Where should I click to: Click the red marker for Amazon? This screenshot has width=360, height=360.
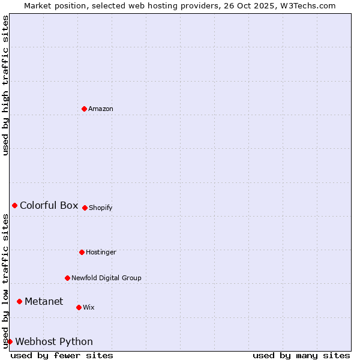(x=84, y=109)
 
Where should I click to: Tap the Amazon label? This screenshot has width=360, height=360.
(x=101, y=109)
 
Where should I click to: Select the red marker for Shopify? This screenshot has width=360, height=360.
(x=85, y=208)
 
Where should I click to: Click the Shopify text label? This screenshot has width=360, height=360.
(x=101, y=208)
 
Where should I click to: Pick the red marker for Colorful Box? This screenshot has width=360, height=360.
(x=14, y=205)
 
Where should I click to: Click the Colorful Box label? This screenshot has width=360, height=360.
(x=49, y=206)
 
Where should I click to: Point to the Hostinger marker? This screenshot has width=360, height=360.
(x=82, y=252)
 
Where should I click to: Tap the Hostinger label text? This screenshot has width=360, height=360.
(x=101, y=253)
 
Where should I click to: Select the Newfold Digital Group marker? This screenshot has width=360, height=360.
(x=67, y=278)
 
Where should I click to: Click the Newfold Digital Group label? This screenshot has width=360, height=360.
(x=106, y=278)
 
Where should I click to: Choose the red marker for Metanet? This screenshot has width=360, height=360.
(x=19, y=301)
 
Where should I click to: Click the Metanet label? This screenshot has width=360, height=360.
(x=44, y=302)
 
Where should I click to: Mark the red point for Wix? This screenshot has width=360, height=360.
(x=79, y=307)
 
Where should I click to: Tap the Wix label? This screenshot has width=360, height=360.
(x=89, y=308)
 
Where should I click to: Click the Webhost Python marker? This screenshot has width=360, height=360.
(x=10, y=341)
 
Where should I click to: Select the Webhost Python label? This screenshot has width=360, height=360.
(x=54, y=342)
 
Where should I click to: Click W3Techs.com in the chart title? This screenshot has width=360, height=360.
(x=311, y=5)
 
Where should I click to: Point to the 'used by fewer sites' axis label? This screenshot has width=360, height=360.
(x=62, y=355)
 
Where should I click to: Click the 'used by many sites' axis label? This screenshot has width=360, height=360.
(x=301, y=355)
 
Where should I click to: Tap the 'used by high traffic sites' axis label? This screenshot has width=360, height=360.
(x=5, y=85)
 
